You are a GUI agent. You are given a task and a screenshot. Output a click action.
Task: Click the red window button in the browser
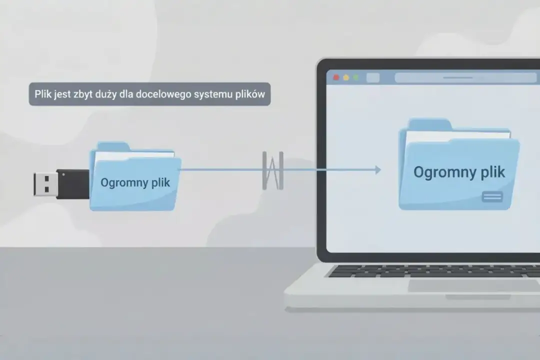click(336, 78)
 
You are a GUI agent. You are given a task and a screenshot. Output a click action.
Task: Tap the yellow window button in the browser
click(346, 78)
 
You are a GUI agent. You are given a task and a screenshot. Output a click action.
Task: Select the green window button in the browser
click(356, 78)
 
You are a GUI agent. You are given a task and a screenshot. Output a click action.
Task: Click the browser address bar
click(465, 78)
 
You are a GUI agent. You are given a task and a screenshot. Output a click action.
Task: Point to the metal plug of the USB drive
click(45, 184)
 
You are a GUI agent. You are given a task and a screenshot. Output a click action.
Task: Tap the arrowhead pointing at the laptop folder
click(377, 170)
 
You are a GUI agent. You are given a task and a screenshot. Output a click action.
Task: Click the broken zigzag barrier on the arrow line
click(273, 170)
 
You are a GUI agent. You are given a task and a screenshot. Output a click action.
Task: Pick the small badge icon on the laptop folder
click(492, 197)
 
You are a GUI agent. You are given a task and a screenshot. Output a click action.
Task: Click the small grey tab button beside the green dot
click(373, 78)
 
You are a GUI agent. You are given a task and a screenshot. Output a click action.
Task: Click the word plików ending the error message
click(251, 94)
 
